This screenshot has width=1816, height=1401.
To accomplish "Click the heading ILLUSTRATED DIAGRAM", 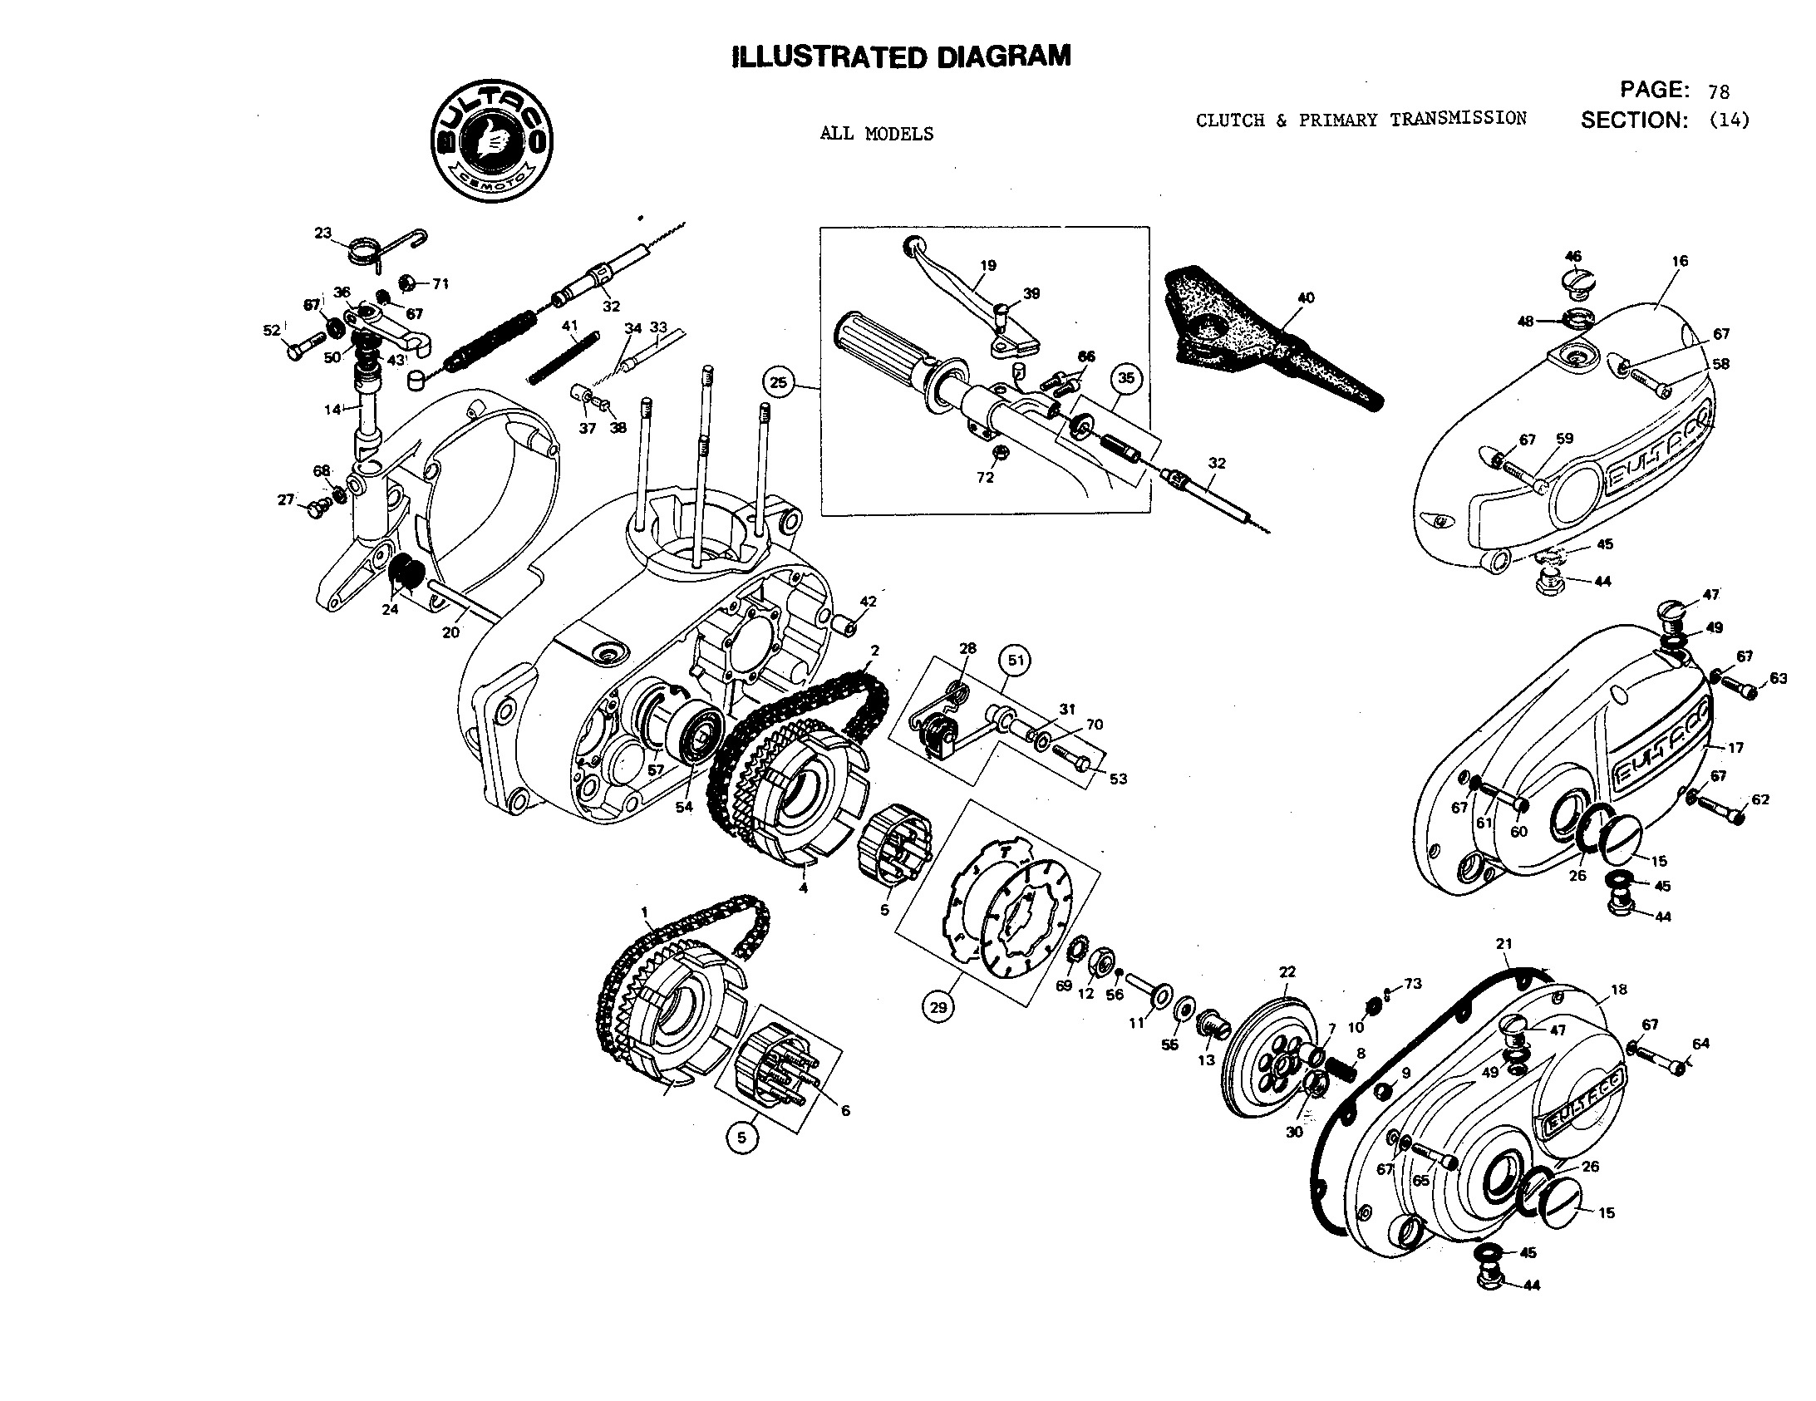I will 901,57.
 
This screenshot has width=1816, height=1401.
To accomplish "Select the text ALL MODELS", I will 876,134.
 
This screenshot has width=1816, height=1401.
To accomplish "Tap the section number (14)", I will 1729,120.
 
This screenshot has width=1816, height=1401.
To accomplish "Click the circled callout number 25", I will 778,382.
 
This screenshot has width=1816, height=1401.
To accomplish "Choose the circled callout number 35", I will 1125,378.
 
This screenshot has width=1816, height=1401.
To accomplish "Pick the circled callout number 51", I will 1016,660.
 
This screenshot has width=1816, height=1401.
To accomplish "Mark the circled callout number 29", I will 938,1007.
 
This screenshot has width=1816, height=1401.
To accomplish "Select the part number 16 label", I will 1679,261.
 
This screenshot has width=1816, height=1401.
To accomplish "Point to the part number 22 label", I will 1287,971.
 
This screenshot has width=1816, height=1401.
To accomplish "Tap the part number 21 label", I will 1503,944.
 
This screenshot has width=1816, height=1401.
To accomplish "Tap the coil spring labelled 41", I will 564,356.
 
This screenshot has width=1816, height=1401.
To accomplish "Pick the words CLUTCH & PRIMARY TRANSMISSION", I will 1361,120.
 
